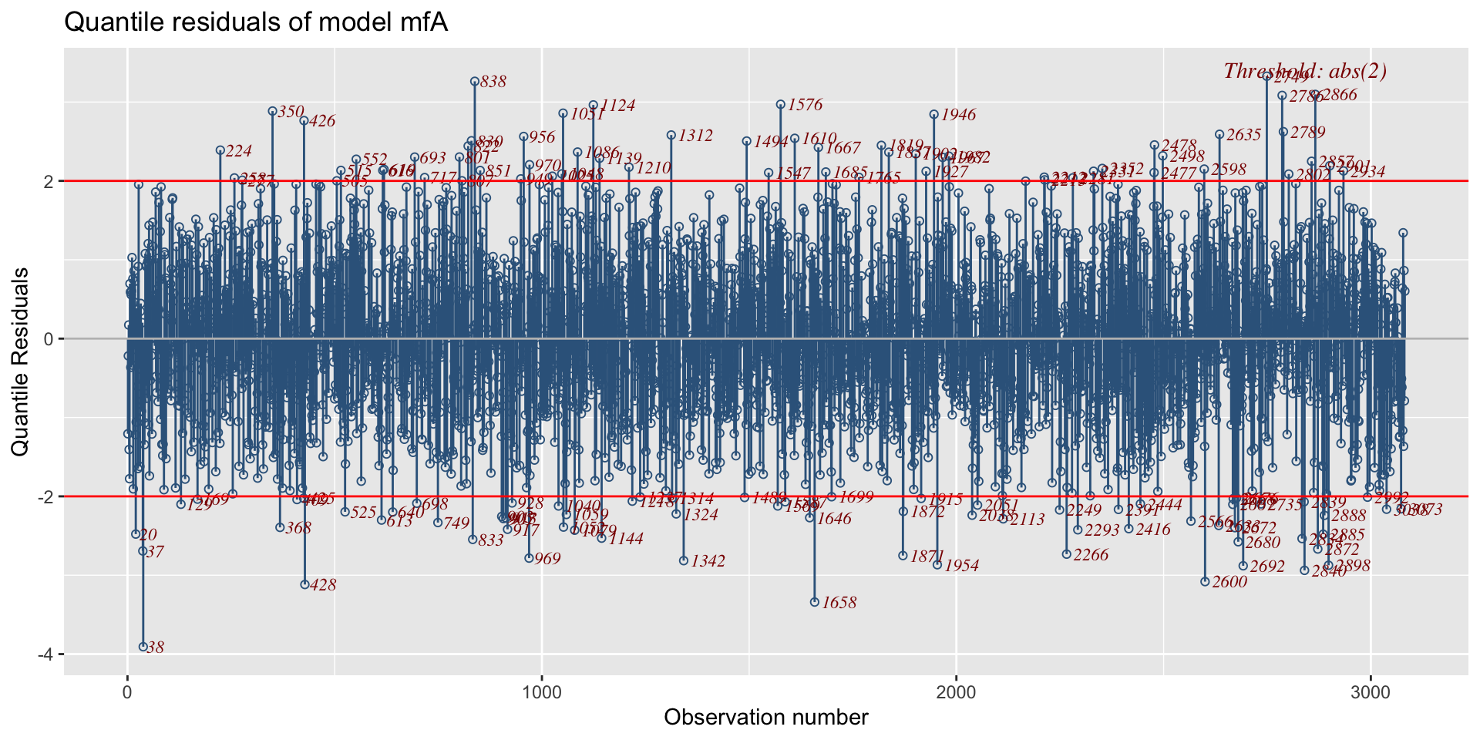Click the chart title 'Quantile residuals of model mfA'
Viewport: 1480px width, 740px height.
click(256, 23)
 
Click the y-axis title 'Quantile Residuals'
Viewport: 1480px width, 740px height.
click(21, 362)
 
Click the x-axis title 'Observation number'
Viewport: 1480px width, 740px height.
click(765, 718)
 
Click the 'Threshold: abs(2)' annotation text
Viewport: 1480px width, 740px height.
click(1305, 72)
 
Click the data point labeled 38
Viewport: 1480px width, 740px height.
click(143, 647)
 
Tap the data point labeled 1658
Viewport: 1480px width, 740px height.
click(815, 602)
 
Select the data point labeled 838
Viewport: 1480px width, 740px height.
click(475, 81)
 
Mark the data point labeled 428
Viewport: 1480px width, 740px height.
click(304, 584)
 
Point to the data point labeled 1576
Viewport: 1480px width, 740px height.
click(780, 104)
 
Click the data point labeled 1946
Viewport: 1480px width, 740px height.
click(934, 114)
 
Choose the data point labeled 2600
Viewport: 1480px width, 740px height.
click(1205, 581)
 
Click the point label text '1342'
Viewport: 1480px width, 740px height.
click(708, 561)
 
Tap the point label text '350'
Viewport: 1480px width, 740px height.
click(291, 112)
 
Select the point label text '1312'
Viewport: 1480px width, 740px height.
click(695, 136)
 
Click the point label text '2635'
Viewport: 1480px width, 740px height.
click(1243, 135)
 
